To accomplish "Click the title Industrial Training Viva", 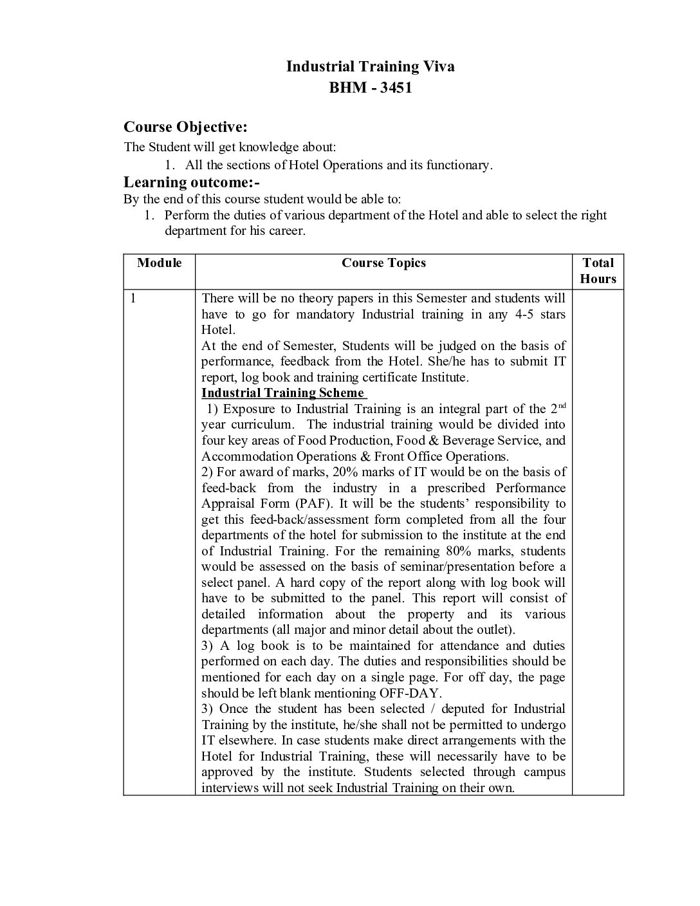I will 370,66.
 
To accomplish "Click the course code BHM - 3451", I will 370,88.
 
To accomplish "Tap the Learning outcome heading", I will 192,182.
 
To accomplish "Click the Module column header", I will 159,263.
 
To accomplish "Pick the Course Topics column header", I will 383,263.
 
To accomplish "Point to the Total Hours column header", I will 598,271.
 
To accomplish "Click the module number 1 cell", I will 133,298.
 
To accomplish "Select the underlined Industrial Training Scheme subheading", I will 284,393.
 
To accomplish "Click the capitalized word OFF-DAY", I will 410,693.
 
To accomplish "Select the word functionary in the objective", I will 459,165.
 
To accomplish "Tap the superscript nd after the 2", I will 561,405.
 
